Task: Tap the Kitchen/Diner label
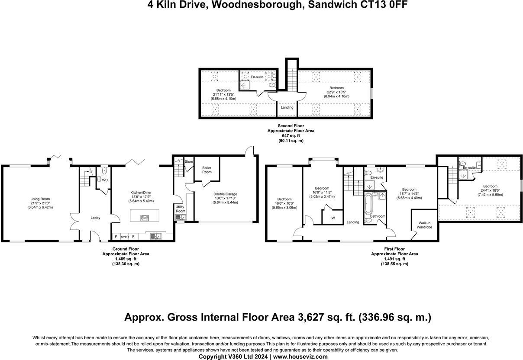pyautogui.click(x=141, y=192)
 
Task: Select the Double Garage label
pyautogui.click(x=225, y=194)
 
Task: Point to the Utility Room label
pyautogui.click(x=180, y=209)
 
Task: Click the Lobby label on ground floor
pyautogui.click(x=95, y=218)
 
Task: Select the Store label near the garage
pyautogui.click(x=189, y=162)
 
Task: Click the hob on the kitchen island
pyautogui.click(x=144, y=218)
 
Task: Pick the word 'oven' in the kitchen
pyautogui.click(x=124, y=237)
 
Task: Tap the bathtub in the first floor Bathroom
pyautogui.click(x=368, y=206)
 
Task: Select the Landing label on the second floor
pyautogui.click(x=287, y=107)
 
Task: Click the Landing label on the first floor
pyautogui.click(x=353, y=222)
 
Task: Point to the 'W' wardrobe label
pyautogui.click(x=333, y=218)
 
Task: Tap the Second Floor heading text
pyautogui.click(x=291, y=126)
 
